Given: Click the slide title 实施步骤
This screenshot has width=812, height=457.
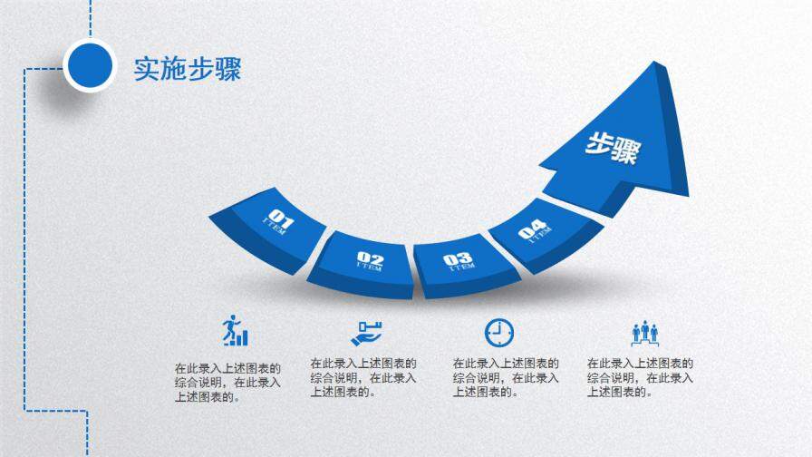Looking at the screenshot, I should tap(188, 69).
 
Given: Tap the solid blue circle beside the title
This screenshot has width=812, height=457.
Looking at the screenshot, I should tap(90, 65).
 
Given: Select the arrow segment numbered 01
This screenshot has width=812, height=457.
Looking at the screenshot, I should tap(271, 227).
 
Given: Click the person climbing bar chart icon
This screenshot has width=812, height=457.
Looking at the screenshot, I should tap(234, 331).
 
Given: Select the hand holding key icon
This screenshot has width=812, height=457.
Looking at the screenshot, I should tap(367, 332).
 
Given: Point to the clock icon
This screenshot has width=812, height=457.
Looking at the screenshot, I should tap(498, 332).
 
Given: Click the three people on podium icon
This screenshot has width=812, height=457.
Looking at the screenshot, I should tap(644, 332).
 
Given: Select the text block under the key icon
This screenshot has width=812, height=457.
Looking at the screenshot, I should tap(363, 377).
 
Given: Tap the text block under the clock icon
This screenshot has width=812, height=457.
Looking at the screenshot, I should tap(506, 377).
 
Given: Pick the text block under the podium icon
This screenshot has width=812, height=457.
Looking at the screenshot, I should tap(640, 377).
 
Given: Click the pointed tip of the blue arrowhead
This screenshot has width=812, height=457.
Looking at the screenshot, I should tap(653, 64).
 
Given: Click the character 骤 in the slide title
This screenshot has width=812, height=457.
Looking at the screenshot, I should tap(228, 69).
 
